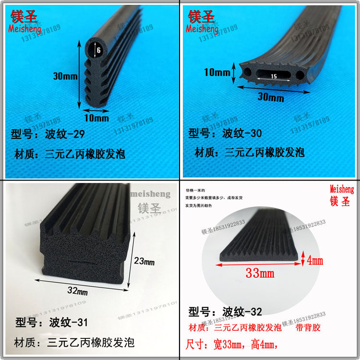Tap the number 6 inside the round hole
tap(98, 50)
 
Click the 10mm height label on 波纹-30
tap(217, 73)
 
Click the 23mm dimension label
tap(144, 262)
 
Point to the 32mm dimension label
tap(76, 291)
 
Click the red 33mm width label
tap(259, 274)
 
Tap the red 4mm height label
tap(315, 261)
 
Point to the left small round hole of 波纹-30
tap(248, 73)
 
